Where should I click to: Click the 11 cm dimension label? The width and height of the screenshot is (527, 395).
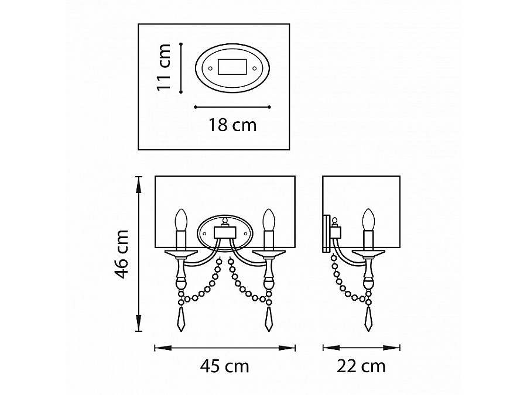[164, 67]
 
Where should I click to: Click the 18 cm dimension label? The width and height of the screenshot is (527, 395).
[232, 125]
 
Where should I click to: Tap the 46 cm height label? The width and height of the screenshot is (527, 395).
[121, 254]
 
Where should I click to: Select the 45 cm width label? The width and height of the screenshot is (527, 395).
[224, 366]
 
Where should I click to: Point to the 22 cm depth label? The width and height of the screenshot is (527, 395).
[361, 366]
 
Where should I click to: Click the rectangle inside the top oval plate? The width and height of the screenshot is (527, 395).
[232, 67]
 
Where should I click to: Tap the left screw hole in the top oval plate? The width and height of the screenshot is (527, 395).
[210, 68]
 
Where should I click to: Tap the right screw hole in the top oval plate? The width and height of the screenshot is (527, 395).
[255, 68]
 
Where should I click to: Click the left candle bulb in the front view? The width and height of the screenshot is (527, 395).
[181, 220]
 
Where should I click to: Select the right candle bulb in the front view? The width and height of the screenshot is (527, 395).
[269, 220]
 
